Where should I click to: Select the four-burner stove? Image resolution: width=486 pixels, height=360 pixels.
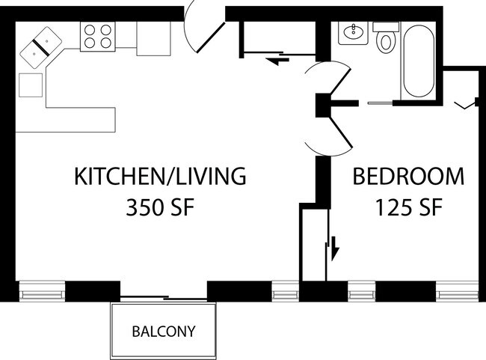pos(98,36)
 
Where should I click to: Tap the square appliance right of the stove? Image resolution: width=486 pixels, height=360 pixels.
pos(153,39)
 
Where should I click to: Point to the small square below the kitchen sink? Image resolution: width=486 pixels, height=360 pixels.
pos(31,84)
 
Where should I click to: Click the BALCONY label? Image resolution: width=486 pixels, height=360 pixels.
pos(164,331)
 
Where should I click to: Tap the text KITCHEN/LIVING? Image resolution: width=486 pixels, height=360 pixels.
pos(159,177)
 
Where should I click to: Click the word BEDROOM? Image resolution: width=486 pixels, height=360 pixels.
pos(408,177)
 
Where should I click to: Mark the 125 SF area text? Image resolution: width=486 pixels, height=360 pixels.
pos(408,207)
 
